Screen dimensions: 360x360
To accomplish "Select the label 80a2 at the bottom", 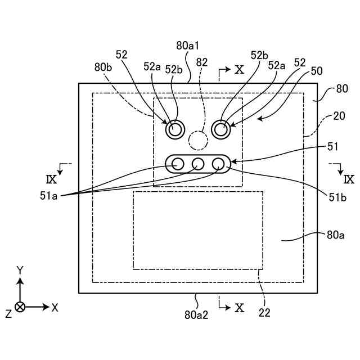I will [197, 316].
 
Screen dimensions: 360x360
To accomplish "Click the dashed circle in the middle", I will [198, 139].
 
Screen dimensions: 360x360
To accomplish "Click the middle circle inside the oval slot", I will [198, 164].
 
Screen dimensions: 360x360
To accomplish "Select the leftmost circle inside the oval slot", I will [178, 164].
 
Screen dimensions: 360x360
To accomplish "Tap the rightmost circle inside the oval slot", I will [218, 164].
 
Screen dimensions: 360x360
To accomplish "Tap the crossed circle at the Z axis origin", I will [20, 307].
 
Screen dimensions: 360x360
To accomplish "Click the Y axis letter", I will [20, 271].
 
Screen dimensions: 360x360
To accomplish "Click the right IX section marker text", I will [349, 180].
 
